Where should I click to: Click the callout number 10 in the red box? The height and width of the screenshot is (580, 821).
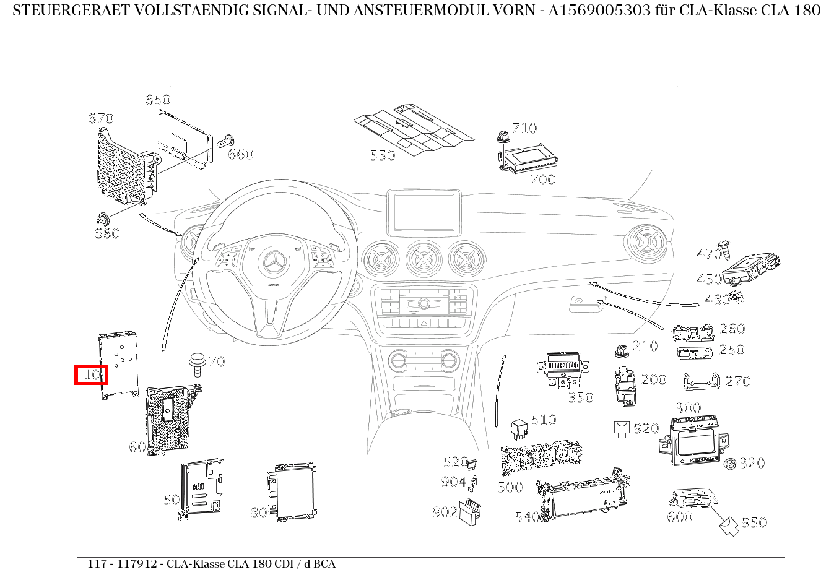(x=92, y=374)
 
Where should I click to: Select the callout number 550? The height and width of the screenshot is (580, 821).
(x=383, y=155)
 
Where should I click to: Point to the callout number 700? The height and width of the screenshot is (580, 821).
(x=543, y=180)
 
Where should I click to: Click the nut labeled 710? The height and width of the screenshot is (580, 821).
(x=503, y=137)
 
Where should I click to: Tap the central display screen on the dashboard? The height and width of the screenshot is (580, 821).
(x=424, y=212)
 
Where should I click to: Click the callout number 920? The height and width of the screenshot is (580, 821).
(x=646, y=428)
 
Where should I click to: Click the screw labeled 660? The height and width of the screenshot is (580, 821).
(x=227, y=141)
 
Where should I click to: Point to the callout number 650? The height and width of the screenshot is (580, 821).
(x=157, y=100)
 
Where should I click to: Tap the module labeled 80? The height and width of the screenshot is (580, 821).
(x=292, y=492)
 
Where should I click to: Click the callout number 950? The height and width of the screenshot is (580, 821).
(x=754, y=523)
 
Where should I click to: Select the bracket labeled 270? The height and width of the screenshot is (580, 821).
(x=702, y=381)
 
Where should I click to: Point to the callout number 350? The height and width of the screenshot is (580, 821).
(x=581, y=397)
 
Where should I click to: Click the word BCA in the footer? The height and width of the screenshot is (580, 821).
(x=324, y=564)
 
